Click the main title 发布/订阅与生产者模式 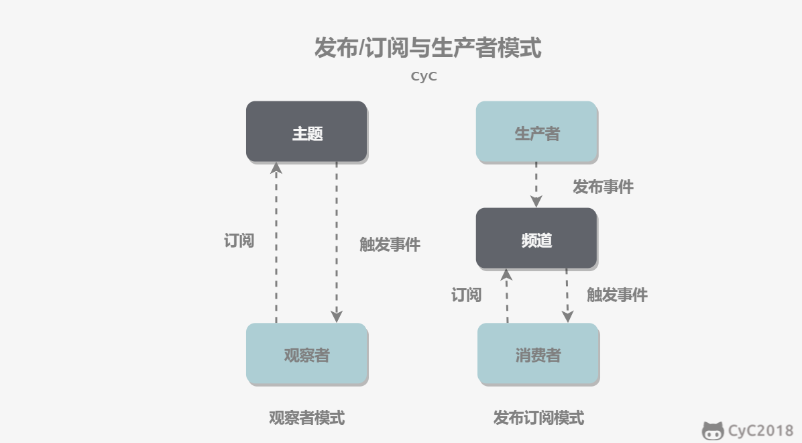[x=428, y=48]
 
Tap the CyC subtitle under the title [x=424, y=77]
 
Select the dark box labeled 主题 [x=306, y=132]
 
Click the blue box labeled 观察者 [x=307, y=354]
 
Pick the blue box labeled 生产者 [x=536, y=132]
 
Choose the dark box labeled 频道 [x=536, y=238]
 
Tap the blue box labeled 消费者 [x=538, y=354]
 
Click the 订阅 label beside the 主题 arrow [x=239, y=241]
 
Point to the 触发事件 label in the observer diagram [x=390, y=244]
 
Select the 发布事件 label [x=603, y=187]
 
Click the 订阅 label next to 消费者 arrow [x=466, y=295]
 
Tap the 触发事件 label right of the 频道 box [x=617, y=295]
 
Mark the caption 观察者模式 [x=307, y=418]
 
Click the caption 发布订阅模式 [x=538, y=418]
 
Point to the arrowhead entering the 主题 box [x=276, y=168]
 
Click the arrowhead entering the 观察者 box [x=337, y=317]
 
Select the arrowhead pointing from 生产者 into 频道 [x=536, y=201]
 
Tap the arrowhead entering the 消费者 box [x=567, y=317]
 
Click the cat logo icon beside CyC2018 [x=713, y=431]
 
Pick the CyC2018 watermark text [x=760, y=430]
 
